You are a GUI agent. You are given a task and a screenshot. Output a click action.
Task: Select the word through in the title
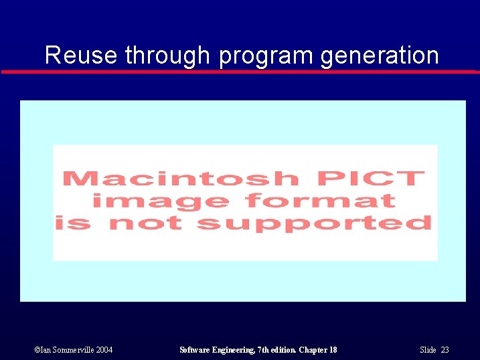tap(167, 55)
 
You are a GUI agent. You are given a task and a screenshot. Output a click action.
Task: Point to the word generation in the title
tap(380, 55)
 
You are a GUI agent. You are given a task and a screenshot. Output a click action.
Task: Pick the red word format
tap(321, 200)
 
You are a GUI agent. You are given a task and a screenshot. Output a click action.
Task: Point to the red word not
tap(145, 222)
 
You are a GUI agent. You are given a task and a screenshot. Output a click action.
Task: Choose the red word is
tap(73, 222)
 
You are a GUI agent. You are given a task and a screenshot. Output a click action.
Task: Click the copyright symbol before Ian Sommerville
tap(37, 350)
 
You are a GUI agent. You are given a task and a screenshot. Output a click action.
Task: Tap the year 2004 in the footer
tap(104, 350)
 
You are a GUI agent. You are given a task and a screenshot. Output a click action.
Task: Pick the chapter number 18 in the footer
tap(333, 350)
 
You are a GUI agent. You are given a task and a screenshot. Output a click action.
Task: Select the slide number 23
tap(445, 350)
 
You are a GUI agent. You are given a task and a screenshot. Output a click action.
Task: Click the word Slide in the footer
tap(428, 350)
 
